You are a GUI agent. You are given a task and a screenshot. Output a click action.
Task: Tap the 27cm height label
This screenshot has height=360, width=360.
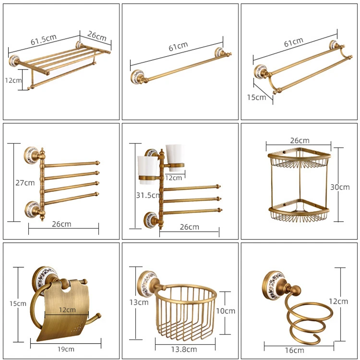pyautogui.click(x=25, y=183)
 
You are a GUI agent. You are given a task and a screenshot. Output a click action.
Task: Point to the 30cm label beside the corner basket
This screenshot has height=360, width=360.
pyautogui.click(x=341, y=187)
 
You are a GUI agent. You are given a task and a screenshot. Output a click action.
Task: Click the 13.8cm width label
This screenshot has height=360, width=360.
pyautogui.click(x=186, y=349)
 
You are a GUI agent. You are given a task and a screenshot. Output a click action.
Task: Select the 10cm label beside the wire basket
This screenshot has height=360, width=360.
pyautogui.click(x=226, y=311)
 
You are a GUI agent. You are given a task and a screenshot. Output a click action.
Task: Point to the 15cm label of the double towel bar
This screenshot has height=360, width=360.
pyautogui.click(x=256, y=97)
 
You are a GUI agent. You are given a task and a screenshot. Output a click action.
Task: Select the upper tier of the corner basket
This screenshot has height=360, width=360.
pyautogui.click(x=299, y=158)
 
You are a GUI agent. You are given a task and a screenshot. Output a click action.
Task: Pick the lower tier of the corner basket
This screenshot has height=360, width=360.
pyautogui.click(x=299, y=212)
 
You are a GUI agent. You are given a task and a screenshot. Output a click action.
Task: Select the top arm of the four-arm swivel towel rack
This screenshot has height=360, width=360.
pyautogui.click(x=72, y=164)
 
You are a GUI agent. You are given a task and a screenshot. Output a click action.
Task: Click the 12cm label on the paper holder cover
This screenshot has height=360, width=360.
pyautogui.click(x=67, y=310)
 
